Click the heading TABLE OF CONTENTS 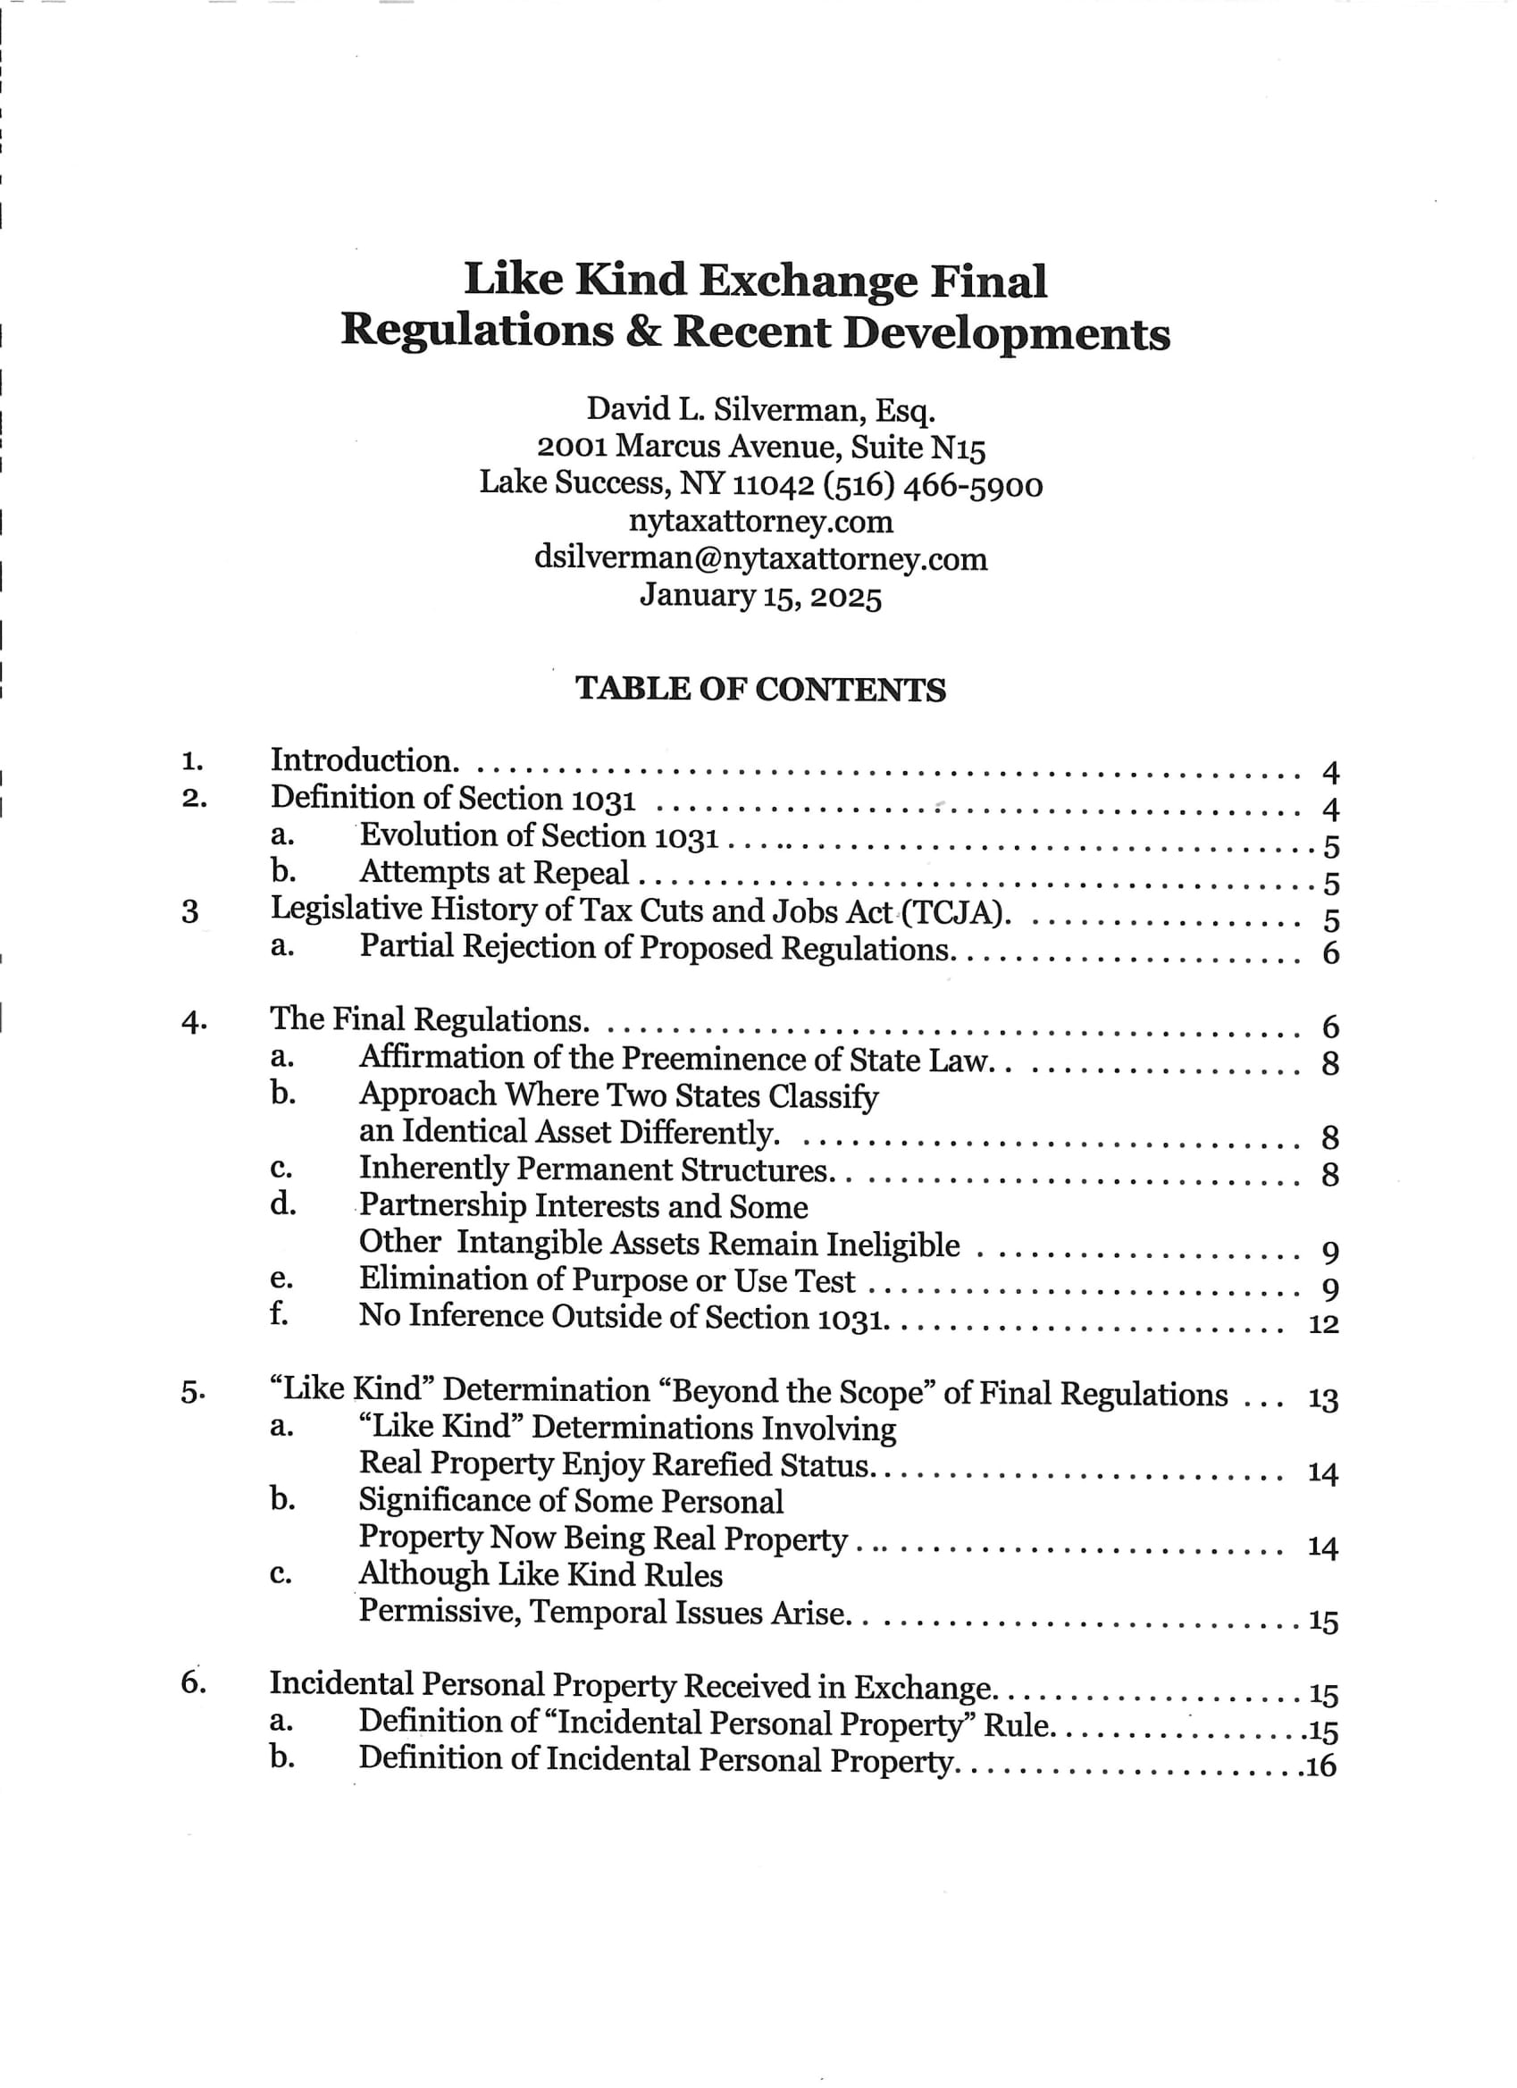[760, 690]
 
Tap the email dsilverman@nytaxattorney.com [760, 558]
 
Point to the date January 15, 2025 [760, 596]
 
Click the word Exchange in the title [809, 281]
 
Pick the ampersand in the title [643, 332]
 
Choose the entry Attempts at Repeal [493, 872]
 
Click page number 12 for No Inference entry [1324, 1325]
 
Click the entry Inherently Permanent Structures [594, 1170]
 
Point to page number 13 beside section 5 [1324, 1399]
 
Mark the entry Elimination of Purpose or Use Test [607, 1280]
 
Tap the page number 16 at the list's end [1323, 1765]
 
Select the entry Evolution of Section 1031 [539, 835]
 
